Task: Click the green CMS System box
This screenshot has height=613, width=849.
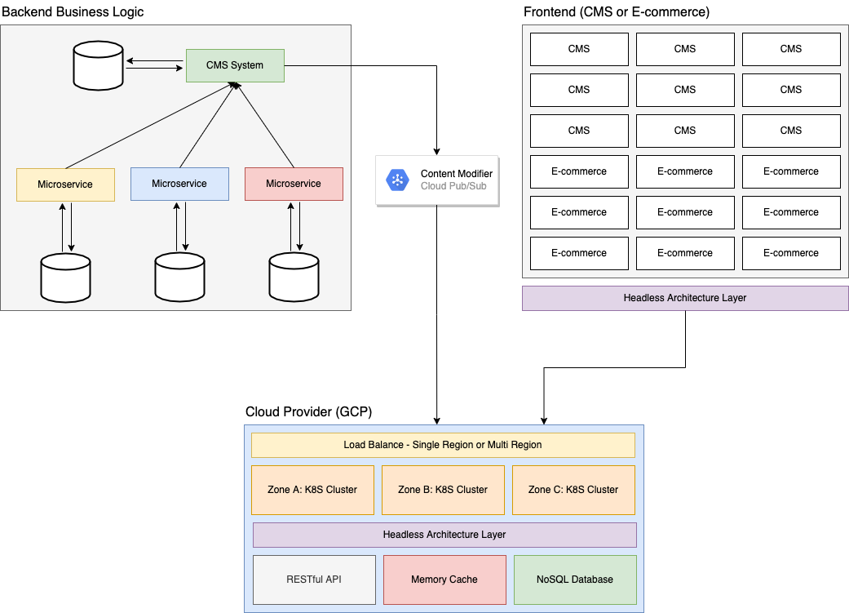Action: tap(235, 65)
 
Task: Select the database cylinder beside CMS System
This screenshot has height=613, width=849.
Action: tap(98, 66)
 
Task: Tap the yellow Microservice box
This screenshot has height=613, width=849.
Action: tap(65, 184)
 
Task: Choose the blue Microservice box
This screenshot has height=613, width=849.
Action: tap(179, 184)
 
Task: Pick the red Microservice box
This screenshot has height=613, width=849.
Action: tap(294, 184)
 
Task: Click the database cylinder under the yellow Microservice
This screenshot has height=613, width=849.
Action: tap(65, 278)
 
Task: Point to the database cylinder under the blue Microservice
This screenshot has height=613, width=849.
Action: tap(179, 277)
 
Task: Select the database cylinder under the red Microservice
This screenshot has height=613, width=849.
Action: tap(294, 277)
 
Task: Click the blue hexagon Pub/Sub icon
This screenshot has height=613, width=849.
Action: tap(397, 180)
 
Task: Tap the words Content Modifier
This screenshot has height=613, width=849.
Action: tap(456, 174)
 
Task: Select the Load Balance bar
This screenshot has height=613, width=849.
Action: tap(443, 445)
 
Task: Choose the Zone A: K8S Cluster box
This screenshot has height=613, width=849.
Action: tap(312, 490)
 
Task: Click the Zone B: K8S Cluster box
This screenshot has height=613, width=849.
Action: tap(443, 490)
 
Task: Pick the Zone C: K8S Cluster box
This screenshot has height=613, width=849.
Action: tap(573, 490)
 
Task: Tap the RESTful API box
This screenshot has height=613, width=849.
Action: tap(314, 580)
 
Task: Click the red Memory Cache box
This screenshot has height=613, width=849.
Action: tap(444, 580)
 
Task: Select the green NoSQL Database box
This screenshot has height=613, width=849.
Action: tap(575, 580)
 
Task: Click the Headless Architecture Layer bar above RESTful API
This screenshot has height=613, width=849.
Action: tap(444, 535)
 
